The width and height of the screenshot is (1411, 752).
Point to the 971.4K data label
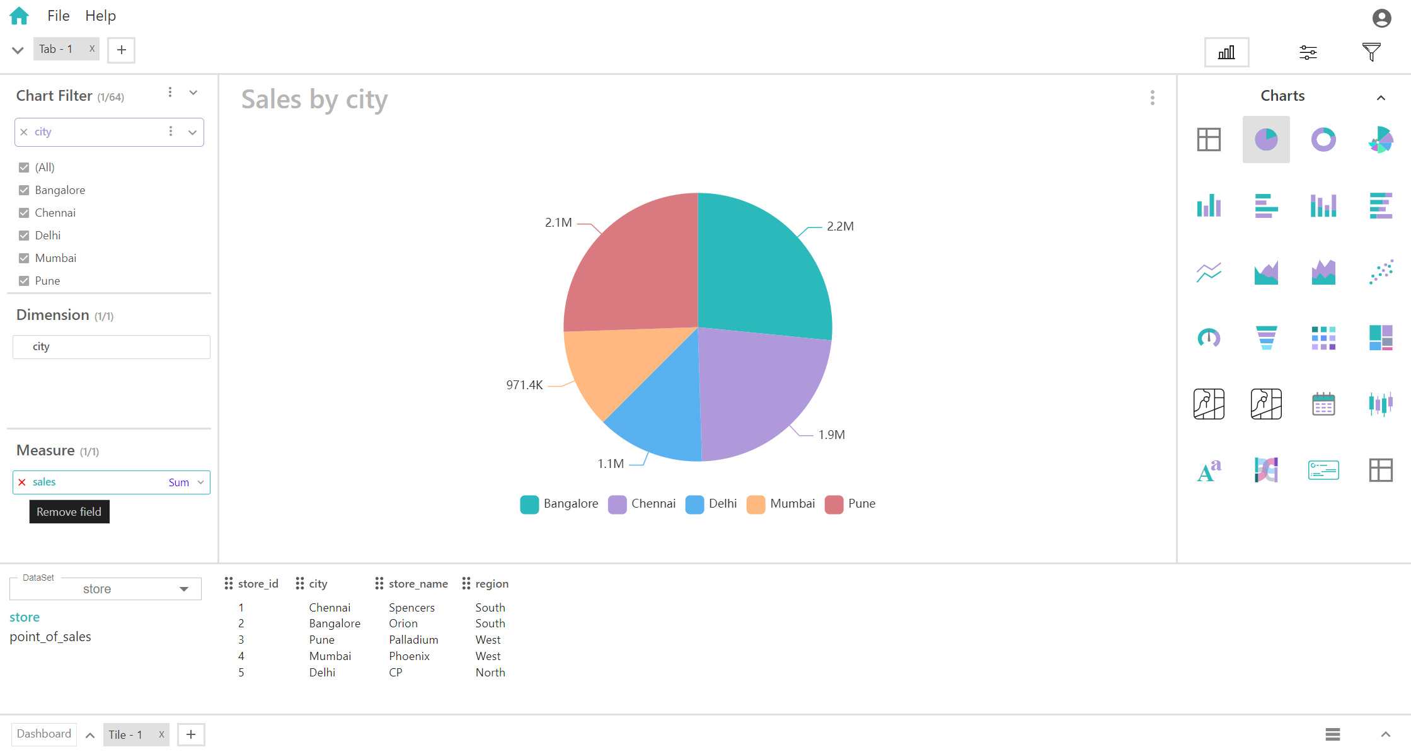(524, 385)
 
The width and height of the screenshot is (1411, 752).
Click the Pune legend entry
(850, 504)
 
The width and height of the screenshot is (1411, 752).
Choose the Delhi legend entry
(711, 504)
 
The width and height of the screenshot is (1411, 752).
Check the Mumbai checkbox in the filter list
(24, 258)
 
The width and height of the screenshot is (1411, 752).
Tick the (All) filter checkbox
(24, 168)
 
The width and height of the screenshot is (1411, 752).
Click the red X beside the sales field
(22, 482)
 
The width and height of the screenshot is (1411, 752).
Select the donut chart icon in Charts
(1323, 139)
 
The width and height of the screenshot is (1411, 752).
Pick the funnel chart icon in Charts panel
(1266, 338)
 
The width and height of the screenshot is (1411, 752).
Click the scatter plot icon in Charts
(1381, 271)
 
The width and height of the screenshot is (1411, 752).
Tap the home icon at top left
(20, 16)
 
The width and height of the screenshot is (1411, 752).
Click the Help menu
(100, 16)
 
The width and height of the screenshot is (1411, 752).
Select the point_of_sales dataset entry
(50, 637)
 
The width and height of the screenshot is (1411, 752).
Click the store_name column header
(418, 584)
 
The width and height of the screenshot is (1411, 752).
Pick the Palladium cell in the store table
(413, 640)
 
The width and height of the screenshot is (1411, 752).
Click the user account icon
(1381, 18)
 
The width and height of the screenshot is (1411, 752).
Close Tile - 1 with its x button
(161, 734)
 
